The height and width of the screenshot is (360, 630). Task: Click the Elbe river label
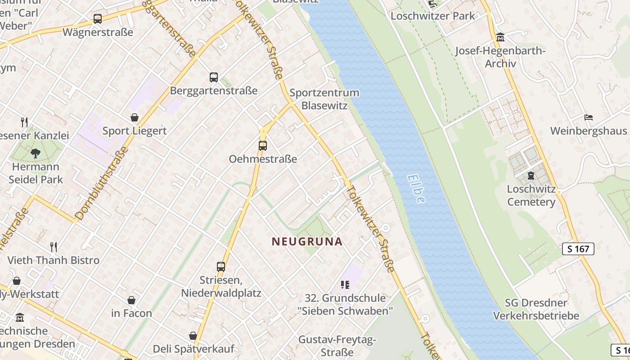click(x=416, y=189)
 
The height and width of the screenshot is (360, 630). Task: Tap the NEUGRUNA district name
click(x=307, y=242)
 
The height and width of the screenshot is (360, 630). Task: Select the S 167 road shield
click(x=578, y=249)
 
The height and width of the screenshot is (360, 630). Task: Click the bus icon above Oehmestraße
click(x=262, y=145)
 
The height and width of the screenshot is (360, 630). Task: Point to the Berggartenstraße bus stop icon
click(x=214, y=77)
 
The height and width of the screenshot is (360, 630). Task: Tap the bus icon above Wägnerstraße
click(x=98, y=19)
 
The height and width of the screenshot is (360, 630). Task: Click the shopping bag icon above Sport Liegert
click(x=134, y=118)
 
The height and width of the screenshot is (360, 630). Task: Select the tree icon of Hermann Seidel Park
click(x=36, y=153)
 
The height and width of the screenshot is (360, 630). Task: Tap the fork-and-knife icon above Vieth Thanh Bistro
click(x=54, y=247)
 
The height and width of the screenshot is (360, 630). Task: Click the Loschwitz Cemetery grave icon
click(x=531, y=175)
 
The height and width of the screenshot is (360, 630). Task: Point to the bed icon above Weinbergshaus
click(x=589, y=117)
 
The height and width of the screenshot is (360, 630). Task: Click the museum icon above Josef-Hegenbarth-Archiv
click(x=500, y=37)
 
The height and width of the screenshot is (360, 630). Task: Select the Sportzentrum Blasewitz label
click(x=324, y=99)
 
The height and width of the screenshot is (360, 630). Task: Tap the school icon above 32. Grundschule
click(x=345, y=284)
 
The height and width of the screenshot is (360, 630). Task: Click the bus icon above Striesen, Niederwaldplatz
click(x=220, y=266)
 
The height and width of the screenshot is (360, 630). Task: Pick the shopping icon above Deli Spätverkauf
click(x=193, y=336)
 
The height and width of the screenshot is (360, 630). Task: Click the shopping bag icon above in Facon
click(x=131, y=300)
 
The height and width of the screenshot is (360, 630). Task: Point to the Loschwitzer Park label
click(x=432, y=16)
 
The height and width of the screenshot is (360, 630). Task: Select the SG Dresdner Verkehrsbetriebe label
click(x=536, y=309)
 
